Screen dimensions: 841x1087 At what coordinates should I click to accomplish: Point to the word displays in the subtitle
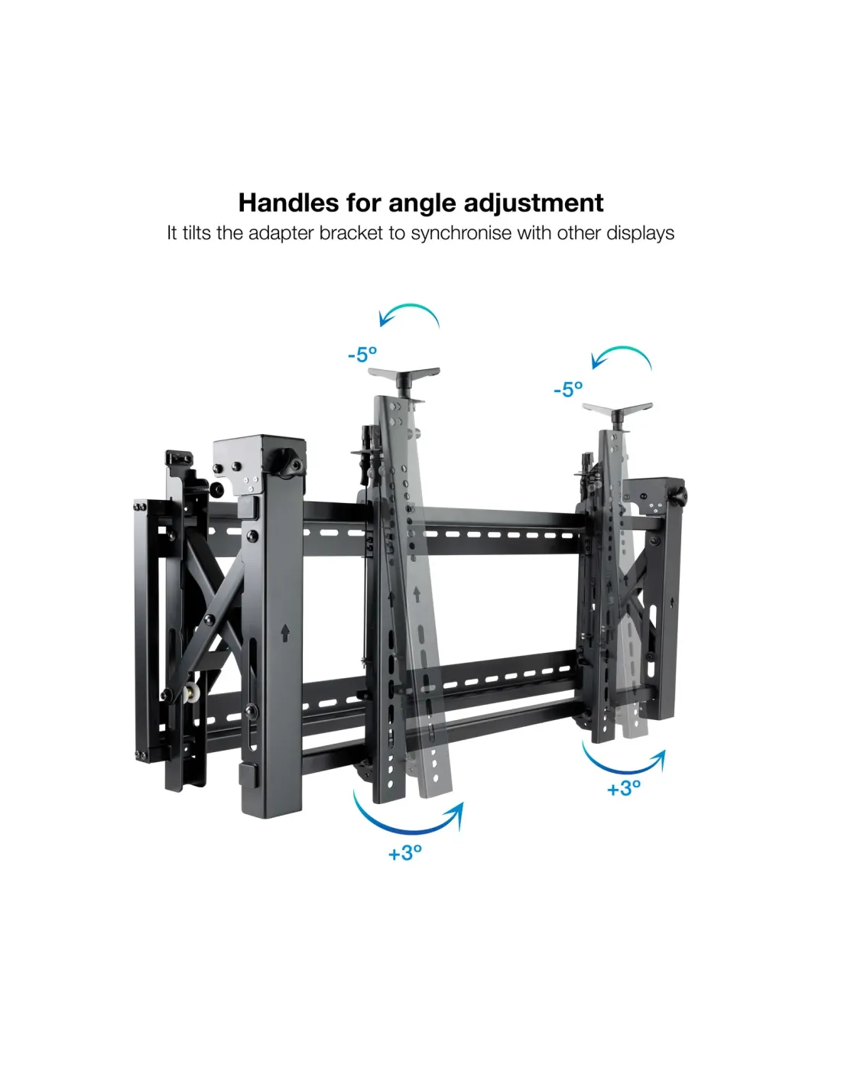[641, 233]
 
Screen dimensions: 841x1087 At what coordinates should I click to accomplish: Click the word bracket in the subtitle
[351, 232]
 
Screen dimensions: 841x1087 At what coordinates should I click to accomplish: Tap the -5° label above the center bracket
[362, 355]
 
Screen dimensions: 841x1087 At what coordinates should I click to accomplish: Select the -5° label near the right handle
[568, 389]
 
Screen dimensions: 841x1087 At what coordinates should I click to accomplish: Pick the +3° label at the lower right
[624, 788]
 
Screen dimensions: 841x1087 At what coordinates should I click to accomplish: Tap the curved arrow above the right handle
[621, 348]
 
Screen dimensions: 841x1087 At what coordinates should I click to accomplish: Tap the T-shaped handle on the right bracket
[618, 414]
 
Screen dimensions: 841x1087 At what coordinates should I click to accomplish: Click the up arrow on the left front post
[285, 632]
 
